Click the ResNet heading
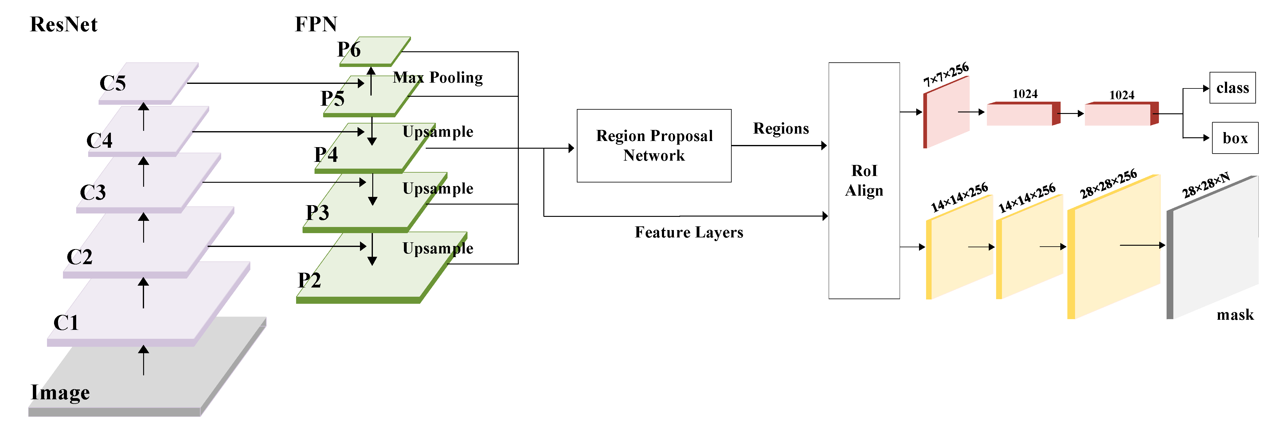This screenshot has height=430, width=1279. tap(64, 24)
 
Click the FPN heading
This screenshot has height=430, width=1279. tap(316, 24)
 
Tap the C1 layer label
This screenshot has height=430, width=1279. tap(66, 323)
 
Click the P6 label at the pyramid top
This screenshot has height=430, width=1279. tap(349, 50)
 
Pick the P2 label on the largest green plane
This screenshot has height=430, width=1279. tap(309, 280)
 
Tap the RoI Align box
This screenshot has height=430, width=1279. tap(864, 181)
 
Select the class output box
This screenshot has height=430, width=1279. tap(1232, 88)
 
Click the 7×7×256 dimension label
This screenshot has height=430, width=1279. tap(946, 74)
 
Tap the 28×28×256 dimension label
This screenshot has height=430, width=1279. tap(1108, 184)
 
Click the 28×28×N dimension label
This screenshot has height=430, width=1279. tap(1206, 185)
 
